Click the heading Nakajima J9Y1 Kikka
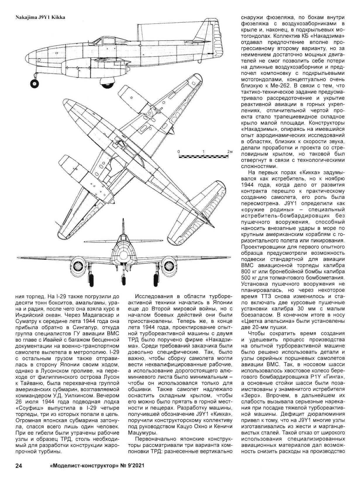click(x=40, y=17)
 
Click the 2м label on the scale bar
click(x=230, y=152)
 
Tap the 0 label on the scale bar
click(x=179, y=152)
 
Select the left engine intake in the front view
click(x=79, y=266)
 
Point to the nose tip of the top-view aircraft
click(x=66, y=102)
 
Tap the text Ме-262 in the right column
click(x=281, y=85)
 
